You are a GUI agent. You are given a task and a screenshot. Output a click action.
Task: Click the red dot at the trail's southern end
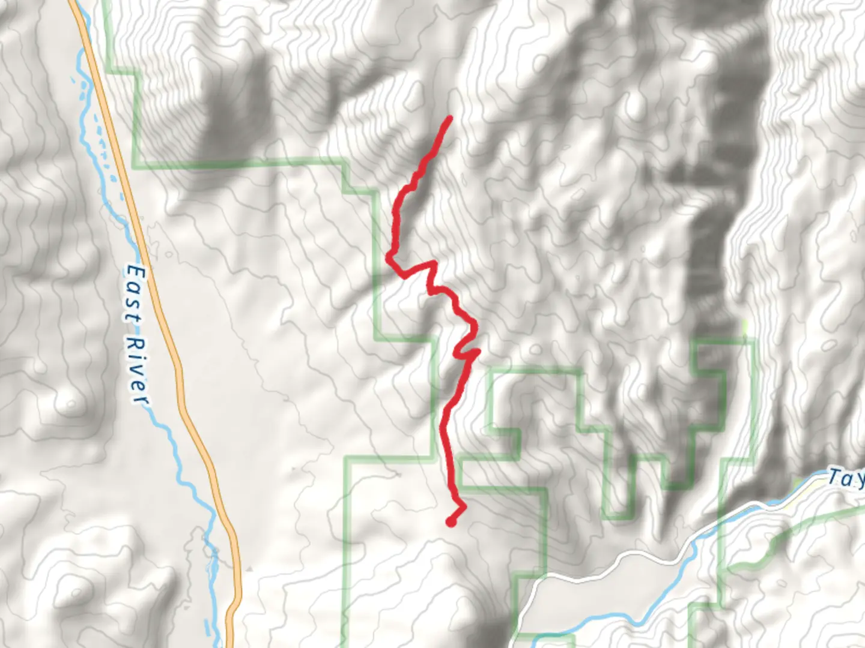pyautogui.click(x=451, y=522)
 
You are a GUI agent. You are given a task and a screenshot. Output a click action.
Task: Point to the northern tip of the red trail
pyautogui.click(x=449, y=118)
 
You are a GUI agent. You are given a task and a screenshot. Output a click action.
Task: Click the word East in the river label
pyautogui.click(x=135, y=295)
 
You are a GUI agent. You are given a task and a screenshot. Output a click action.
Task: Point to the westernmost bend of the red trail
pyautogui.click(x=389, y=258)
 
